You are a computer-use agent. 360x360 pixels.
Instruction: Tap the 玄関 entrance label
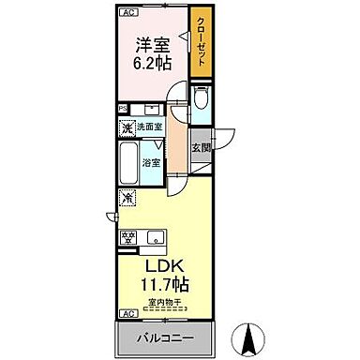[x=200, y=148]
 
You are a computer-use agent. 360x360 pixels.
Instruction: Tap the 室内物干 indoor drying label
[x=163, y=302]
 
